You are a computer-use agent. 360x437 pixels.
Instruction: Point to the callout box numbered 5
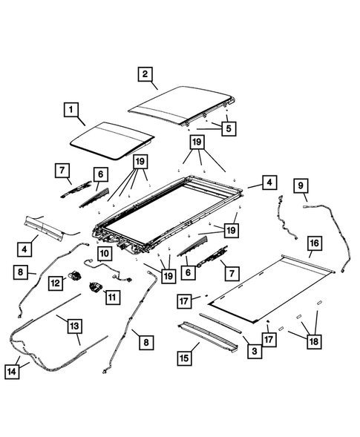tap(228, 128)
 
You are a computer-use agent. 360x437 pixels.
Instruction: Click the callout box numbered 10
tap(104, 254)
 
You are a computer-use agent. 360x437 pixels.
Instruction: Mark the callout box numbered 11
tap(112, 296)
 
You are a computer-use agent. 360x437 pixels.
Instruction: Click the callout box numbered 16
tap(313, 243)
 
